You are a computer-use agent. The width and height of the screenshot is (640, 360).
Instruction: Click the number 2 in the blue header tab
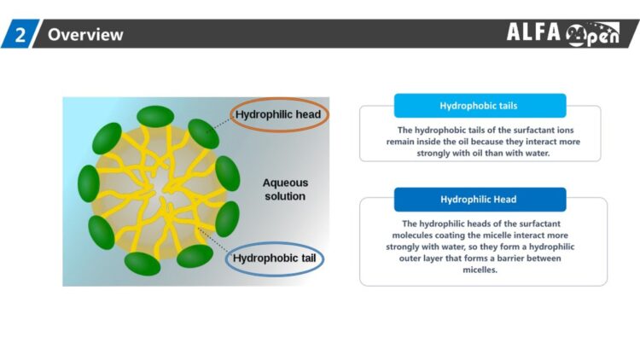pos(20,35)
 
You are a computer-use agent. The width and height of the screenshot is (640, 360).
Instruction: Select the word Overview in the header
pos(85,35)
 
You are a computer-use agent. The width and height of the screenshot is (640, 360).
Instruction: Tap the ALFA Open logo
pos(563,33)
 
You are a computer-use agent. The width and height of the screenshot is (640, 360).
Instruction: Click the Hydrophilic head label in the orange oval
pos(278,114)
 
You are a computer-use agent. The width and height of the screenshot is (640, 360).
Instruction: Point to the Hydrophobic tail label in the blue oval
pos(274,258)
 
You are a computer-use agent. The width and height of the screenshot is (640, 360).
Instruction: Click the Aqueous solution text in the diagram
pos(285,189)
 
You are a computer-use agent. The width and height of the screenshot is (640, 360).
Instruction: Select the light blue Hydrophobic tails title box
pos(480,106)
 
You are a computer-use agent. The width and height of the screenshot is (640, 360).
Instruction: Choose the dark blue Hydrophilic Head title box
pos(480,200)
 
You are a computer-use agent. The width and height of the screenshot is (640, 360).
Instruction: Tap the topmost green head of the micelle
pos(155,116)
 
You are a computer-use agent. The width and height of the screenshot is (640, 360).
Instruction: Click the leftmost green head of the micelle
pos(89,183)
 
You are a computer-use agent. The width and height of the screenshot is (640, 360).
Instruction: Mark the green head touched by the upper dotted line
pos(203,134)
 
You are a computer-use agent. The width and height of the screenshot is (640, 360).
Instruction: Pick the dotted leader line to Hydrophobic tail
pos(212,240)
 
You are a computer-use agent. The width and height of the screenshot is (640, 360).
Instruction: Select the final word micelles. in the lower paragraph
pos(480,270)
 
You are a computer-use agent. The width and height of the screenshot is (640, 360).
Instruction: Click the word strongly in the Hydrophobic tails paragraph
pos(433,154)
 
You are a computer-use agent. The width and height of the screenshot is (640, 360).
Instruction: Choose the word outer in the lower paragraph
pos(409,258)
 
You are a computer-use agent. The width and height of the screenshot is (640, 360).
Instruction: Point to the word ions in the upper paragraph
pos(566,131)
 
